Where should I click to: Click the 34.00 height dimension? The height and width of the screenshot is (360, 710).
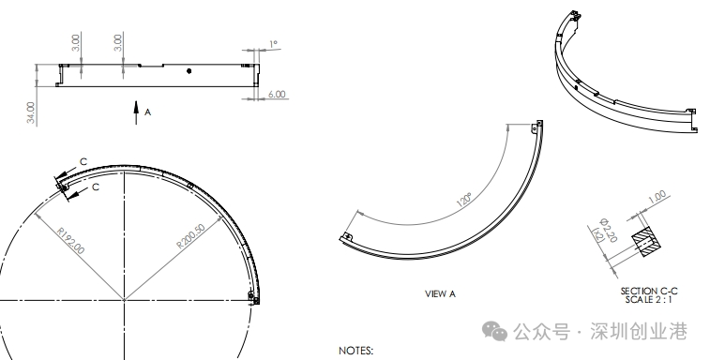pos(30,112)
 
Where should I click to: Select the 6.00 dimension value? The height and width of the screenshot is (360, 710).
pos(277,94)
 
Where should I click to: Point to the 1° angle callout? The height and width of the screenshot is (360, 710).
pos(273,44)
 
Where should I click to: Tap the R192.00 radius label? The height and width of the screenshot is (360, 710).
pos(71,240)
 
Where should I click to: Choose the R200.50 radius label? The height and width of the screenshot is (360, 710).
pos(190,236)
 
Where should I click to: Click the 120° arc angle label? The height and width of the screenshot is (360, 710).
pos(464,200)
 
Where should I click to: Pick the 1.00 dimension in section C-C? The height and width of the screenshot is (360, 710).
pos(657,197)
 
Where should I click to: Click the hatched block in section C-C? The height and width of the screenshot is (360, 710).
pos(646,243)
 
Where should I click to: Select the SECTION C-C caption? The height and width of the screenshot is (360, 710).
pos(649,292)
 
